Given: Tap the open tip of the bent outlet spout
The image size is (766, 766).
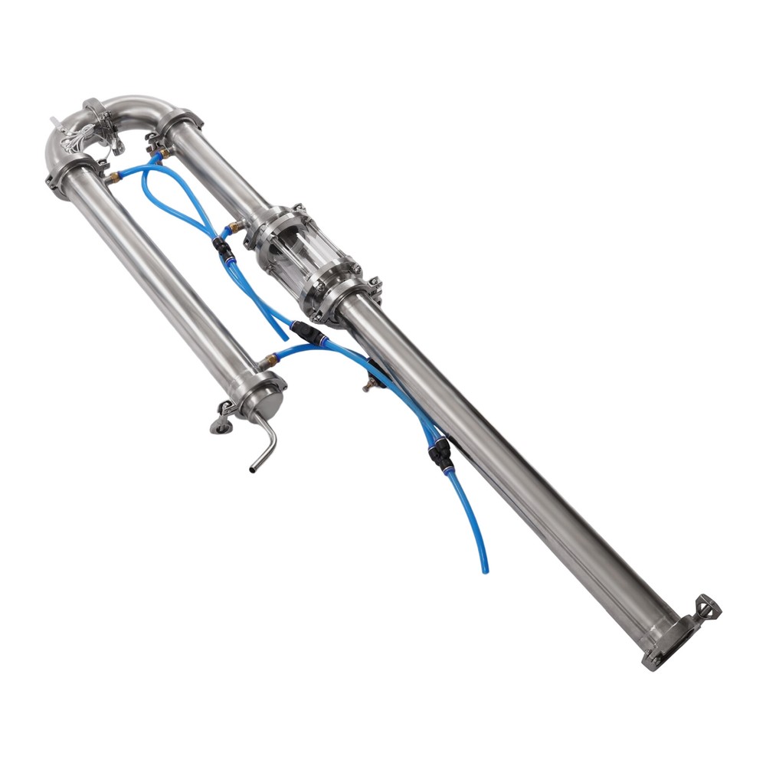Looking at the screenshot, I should (x=254, y=466).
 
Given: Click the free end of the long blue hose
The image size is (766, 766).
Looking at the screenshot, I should (x=484, y=570).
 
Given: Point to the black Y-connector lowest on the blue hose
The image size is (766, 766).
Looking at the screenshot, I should (x=440, y=455).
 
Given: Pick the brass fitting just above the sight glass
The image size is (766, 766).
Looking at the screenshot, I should (x=235, y=227).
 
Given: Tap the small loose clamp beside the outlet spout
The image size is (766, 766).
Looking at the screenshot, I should (x=222, y=417).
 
